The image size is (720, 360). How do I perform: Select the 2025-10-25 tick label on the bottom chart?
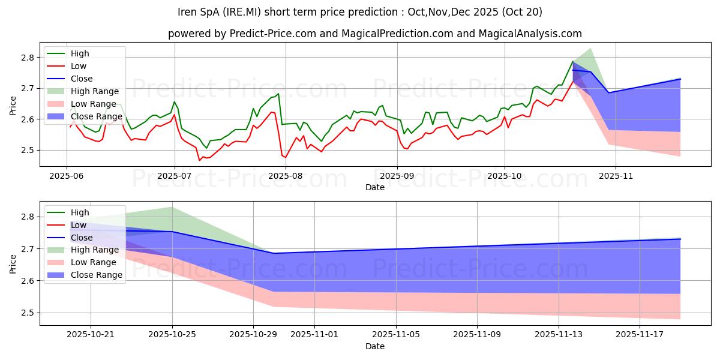(x=173, y=335)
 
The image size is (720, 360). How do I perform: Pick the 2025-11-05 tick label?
(x=395, y=335)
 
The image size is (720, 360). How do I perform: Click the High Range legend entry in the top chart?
(x=94, y=91)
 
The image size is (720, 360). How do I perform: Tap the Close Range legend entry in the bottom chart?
(x=96, y=275)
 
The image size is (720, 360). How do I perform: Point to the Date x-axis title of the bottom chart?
(x=375, y=347)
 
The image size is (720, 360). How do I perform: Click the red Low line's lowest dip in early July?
(x=200, y=160)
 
